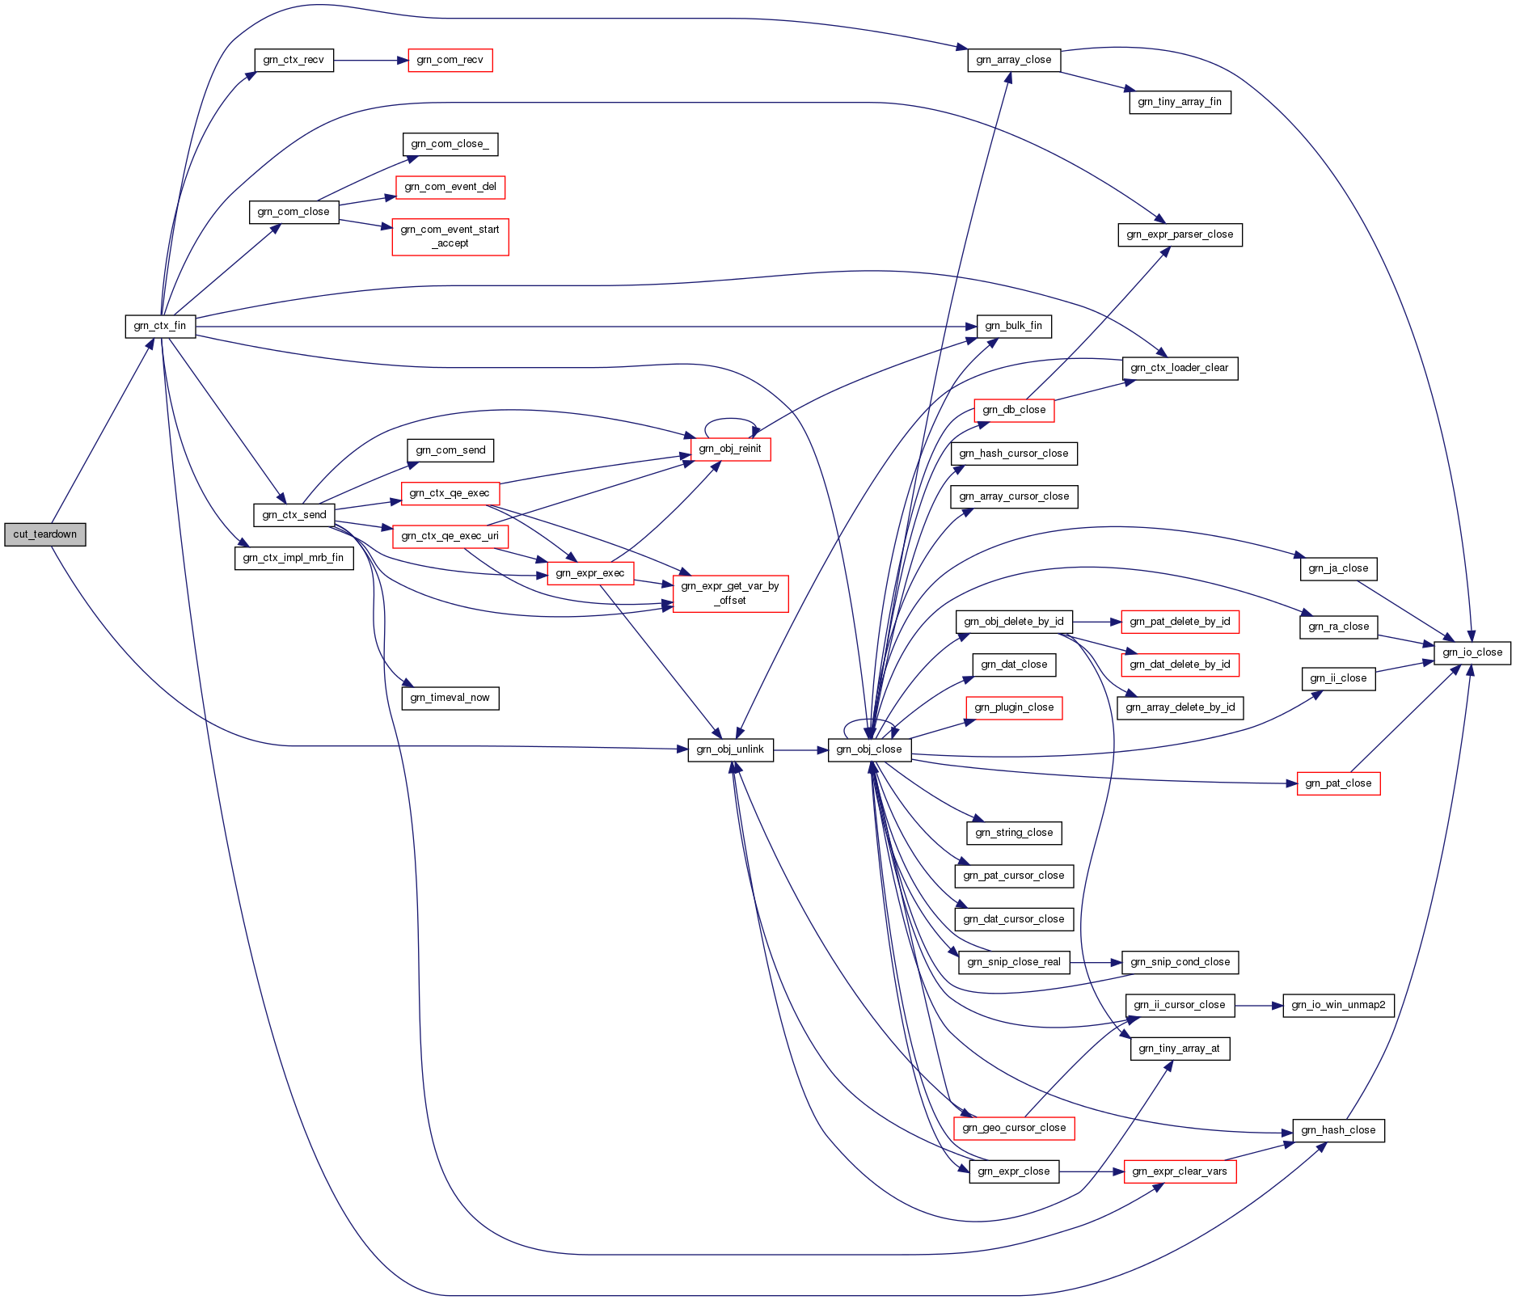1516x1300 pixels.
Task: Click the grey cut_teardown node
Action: coord(44,534)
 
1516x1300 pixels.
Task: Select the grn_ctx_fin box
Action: coord(160,326)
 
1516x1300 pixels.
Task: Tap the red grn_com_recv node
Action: coord(450,60)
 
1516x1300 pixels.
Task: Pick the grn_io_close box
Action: coord(1472,652)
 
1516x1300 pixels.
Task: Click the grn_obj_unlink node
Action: coord(730,749)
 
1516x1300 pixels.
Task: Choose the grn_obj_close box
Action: coord(869,749)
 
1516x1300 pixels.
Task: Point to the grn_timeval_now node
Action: coord(450,698)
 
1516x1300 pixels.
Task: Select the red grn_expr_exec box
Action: coord(590,573)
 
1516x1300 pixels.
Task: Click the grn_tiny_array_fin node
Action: coord(1180,102)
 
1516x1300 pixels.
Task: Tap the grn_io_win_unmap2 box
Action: coord(1338,1005)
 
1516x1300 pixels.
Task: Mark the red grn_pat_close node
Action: coord(1338,783)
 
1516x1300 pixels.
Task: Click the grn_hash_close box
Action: coord(1338,1130)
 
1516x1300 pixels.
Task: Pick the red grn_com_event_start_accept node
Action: coord(450,237)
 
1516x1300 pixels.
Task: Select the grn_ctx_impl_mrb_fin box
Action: coord(293,558)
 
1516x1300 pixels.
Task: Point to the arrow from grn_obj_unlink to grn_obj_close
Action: coord(800,750)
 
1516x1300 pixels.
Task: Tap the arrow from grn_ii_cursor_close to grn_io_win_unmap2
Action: coord(1259,1005)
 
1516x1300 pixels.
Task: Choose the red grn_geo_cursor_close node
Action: coord(1014,1128)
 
